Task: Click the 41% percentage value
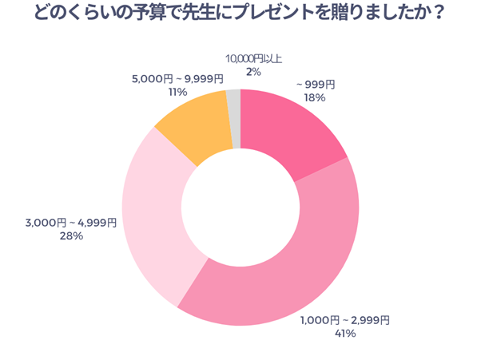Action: [x=345, y=334]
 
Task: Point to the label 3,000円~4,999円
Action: [x=70, y=223]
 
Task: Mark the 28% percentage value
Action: [x=70, y=236]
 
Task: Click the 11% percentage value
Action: [x=177, y=93]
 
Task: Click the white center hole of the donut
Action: [x=240, y=207]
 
